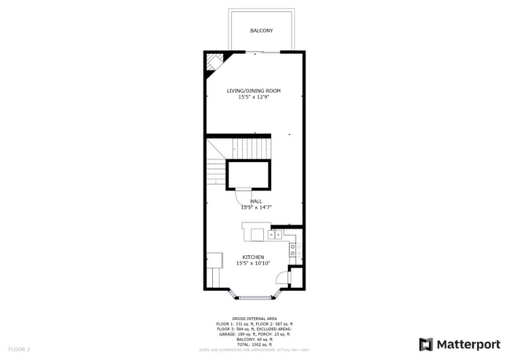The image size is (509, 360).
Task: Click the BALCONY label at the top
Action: [x=262, y=31]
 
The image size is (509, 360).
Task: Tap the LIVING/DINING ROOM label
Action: [x=254, y=91]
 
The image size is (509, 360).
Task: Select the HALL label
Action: [x=256, y=201]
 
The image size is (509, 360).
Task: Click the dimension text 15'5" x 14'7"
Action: [x=256, y=207]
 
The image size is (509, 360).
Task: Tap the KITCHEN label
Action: [x=253, y=257]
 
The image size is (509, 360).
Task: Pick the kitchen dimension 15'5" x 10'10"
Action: [x=253, y=263]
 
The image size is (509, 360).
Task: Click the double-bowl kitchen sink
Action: [x=275, y=234]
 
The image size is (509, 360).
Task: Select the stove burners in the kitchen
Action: [x=293, y=250]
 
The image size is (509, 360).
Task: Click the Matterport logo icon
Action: [x=426, y=344]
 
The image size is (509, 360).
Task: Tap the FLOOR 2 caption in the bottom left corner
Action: [x=19, y=348]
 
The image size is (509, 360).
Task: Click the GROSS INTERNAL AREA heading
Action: [x=254, y=319]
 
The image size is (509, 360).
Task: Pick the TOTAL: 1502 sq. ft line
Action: [x=254, y=344]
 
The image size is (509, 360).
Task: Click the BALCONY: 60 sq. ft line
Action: [x=254, y=338]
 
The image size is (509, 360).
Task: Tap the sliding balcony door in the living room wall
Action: [x=262, y=52]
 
